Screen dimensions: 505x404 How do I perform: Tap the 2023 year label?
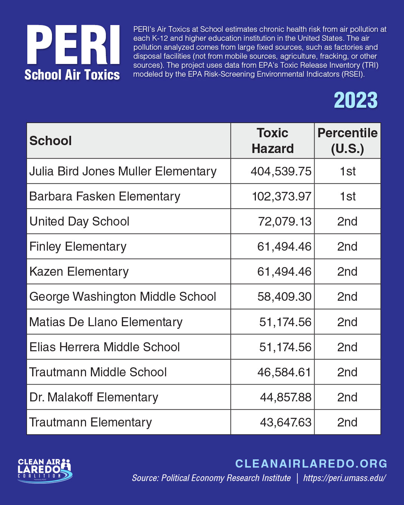[x=355, y=100]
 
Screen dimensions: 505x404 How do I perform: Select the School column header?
[x=50, y=141]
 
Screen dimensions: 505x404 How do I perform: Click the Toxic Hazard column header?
[x=272, y=141]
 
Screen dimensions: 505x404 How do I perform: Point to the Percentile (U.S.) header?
[x=348, y=141]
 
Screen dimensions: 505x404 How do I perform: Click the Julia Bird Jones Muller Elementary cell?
[x=123, y=171]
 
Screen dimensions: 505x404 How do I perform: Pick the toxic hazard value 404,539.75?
[x=281, y=171]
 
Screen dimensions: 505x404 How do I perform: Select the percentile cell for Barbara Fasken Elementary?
[x=348, y=196]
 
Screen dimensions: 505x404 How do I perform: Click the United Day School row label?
[x=79, y=221]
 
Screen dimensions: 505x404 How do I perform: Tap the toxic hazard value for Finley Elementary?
[x=284, y=247]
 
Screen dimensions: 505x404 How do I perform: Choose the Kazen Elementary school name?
[x=79, y=272]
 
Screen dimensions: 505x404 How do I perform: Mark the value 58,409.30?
[x=284, y=297]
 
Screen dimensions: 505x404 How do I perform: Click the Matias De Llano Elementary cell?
[x=106, y=322]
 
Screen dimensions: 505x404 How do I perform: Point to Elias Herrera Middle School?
[x=104, y=347]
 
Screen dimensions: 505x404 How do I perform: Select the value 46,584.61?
[x=284, y=372]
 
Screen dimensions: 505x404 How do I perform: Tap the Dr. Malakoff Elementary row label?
[x=94, y=397]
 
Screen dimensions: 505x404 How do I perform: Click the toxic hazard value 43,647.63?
[x=285, y=422]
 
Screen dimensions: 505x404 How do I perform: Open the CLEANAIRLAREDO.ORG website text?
[x=311, y=463]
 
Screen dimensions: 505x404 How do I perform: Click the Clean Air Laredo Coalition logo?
[x=45, y=470]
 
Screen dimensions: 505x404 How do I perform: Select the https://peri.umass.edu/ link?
[x=345, y=478]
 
